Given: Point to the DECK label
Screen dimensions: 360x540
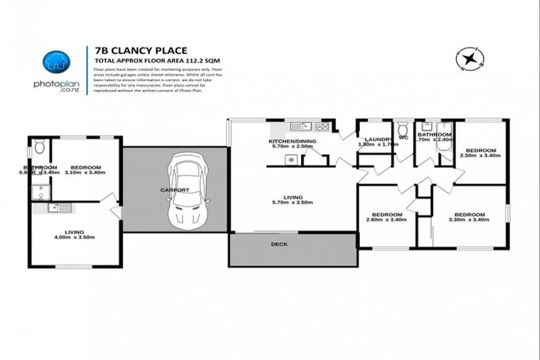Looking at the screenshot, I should click(x=279, y=244).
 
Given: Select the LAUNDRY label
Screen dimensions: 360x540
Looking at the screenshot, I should click(x=373, y=139).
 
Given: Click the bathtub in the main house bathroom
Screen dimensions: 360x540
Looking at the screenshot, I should click(x=443, y=129).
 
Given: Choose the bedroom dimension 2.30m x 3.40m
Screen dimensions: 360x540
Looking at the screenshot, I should click(x=480, y=155).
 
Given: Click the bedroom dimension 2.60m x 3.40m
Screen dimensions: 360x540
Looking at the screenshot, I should click(x=387, y=219).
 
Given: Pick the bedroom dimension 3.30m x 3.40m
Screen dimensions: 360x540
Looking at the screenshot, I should click(x=470, y=219).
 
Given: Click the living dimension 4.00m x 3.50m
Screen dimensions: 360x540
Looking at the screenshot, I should click(x=75, y=237).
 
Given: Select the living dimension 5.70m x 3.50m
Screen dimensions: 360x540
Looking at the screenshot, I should click(x=293, y=202).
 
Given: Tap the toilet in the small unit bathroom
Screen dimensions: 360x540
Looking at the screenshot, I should click(x=40, y=147).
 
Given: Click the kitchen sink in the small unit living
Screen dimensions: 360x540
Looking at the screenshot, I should click(x=58, y=207).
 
